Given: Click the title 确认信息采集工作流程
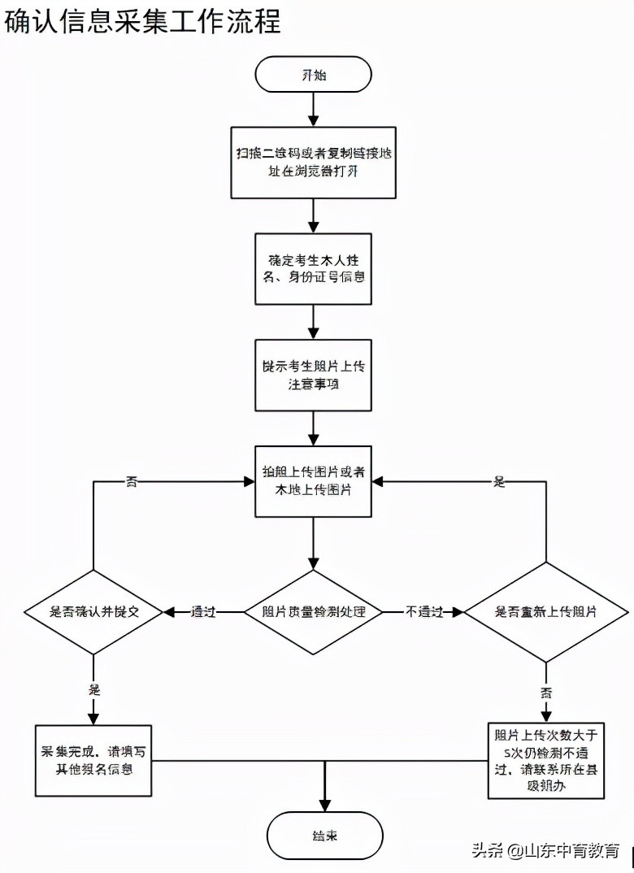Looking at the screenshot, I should click(143, 21).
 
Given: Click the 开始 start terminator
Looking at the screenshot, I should click(313, 75).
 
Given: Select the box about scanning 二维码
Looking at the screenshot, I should click(313, 163).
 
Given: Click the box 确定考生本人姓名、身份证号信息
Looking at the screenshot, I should click(313, 269).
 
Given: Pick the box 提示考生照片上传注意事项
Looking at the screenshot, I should click(313, 375).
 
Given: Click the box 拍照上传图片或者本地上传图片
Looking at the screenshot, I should click(313, 481).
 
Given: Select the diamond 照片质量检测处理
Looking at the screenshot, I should click(313, 612).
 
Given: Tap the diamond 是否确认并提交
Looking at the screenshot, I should click(94, 612).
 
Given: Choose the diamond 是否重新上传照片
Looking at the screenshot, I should click(545, 612).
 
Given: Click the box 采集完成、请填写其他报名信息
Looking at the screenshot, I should click(94, 760).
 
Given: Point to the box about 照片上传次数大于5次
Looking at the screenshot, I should click(545, 760).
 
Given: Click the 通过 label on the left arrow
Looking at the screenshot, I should click(203, 612).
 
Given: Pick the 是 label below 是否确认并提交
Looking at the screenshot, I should click(94, 688).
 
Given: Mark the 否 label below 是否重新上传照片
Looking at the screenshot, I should click(545, 692).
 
